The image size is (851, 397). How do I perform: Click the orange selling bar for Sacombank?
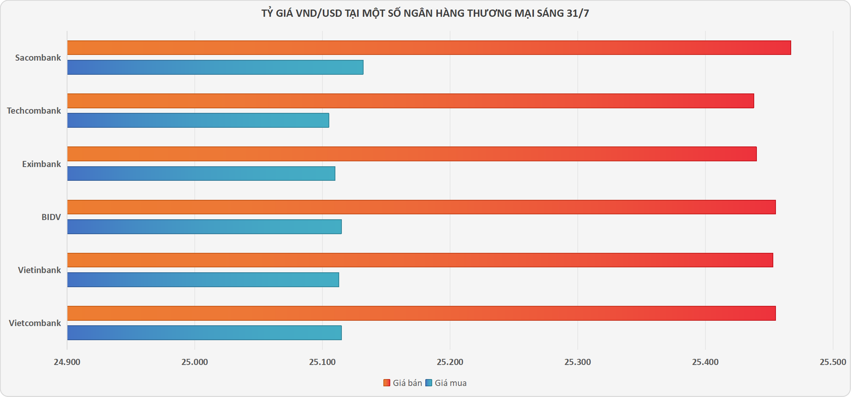[x=429, y=48]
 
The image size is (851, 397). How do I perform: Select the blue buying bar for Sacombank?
[x=215, y=67]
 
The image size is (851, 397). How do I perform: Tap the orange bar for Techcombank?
[x=410, y=101]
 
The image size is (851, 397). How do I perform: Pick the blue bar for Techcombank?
[x=198, y=120]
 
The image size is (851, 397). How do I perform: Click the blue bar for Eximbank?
[x=201, y=174]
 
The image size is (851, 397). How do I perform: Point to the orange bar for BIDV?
[x=421, y=207]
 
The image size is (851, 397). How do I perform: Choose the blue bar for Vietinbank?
[x=203, y=280]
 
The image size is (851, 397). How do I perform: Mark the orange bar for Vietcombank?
[x=421, y=313]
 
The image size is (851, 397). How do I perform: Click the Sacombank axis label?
[x=38, y=58]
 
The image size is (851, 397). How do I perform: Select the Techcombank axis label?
[x=34, y=111]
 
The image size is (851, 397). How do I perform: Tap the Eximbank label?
[x=42, y=164]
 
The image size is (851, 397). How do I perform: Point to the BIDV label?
[x=51, y=217]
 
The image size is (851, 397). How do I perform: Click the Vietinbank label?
[x=39, y=270]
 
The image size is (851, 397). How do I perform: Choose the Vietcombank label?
[x=35, y=323]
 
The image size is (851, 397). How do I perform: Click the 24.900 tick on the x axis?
[x=67, y=362]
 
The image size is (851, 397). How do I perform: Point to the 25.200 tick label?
[x=450, y=362]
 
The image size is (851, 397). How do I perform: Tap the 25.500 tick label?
[x=833, y=362]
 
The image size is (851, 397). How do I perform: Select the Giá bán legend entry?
[x=403, y=383]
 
